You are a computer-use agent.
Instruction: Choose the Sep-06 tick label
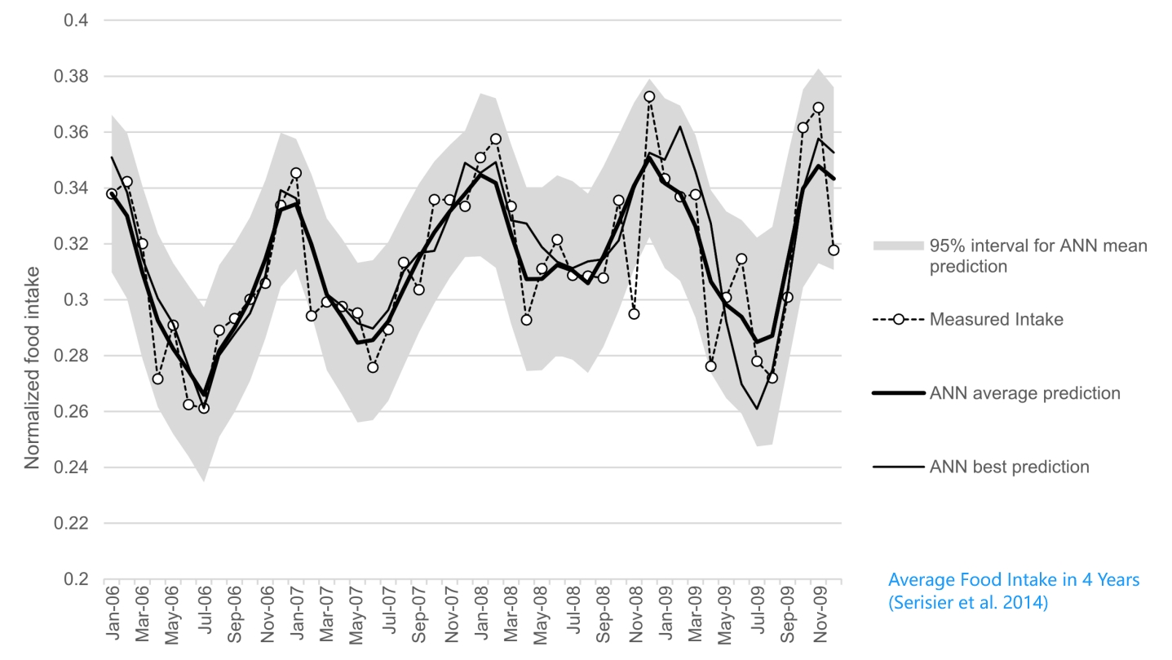(x=234, y=613)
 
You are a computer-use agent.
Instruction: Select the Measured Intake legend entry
(x=996, y=320)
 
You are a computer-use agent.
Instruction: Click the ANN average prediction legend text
(x=1024, y=393)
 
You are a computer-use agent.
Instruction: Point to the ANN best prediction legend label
(x=1009, y=467)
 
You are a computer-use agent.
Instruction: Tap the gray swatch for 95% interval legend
(x=898, y=246)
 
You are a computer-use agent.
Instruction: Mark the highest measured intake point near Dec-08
(x=649, y=96)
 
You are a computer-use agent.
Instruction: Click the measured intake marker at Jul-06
(x=203, y=408)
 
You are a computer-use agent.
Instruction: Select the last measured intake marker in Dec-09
(x=834, y=250)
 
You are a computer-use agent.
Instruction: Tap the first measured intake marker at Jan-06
(x=112, y=194)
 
